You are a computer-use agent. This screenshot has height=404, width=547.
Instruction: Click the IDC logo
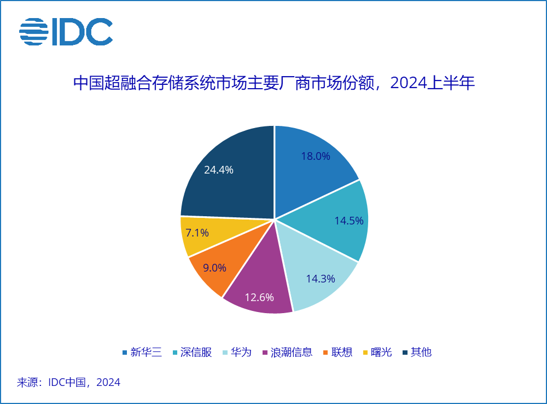pos(66,32)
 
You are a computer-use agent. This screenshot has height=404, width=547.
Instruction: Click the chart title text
pos(273,83)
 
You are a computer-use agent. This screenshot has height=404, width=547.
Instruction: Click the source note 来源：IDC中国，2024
pos(69,382)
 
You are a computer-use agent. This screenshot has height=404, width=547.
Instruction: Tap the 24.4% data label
pos(218,170)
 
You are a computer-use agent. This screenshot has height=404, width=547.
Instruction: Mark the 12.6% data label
pos(259,297)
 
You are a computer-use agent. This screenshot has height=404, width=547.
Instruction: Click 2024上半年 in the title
pos(433,83)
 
